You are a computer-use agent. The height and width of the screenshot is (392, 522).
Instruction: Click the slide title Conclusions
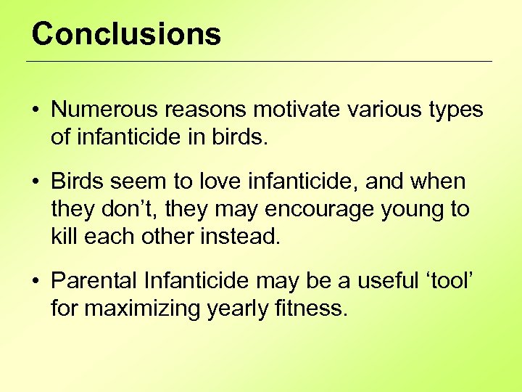[x=126, y=34]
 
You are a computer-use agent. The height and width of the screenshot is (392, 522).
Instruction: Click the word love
[x=222, y=181]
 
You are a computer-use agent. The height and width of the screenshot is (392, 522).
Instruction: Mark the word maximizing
[x=141, y=309]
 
